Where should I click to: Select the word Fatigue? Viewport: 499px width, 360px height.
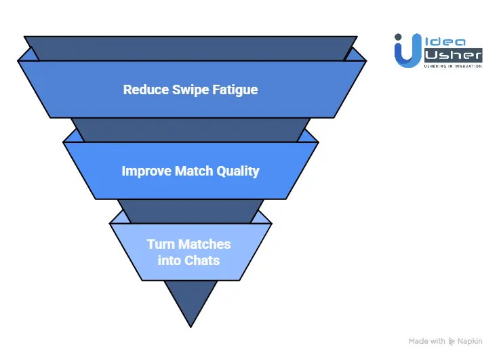[x=233, y=89]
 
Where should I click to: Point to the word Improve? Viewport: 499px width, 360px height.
[x=146, y=171]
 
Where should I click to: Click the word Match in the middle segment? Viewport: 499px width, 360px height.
[x=197, y=171]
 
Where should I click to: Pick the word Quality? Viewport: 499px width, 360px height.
[x=238, y=171]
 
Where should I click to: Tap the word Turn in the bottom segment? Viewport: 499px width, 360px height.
[x=161, y=244]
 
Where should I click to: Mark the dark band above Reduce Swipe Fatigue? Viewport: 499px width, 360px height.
[x=191, y=47]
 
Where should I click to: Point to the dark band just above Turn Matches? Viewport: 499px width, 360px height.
[x=191, y=211]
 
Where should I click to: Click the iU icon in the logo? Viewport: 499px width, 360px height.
[x=405, y=51]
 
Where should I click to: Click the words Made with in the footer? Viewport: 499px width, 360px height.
[x=427, y=341]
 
